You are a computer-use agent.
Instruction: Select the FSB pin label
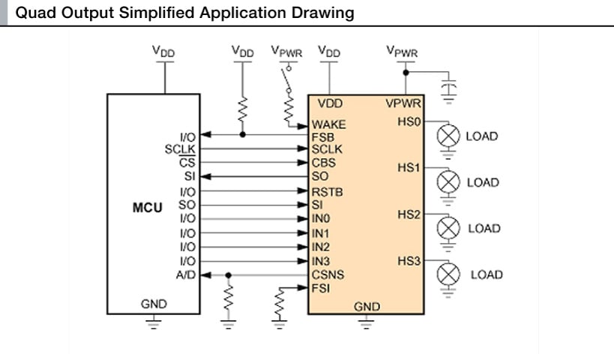pos(324,137)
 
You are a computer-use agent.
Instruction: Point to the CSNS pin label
pos(330,274)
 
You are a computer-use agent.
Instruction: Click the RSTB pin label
pos(328,192)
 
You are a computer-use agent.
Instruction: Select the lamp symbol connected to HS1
pos(448,181)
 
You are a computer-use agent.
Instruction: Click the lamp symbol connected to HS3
pos(448,274)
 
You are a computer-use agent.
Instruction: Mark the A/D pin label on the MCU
pos(186,274)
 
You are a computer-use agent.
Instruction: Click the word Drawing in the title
pos(328,13)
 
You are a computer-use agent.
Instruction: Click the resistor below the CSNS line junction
pos(228,303)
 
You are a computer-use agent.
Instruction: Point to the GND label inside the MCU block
pos(154,304)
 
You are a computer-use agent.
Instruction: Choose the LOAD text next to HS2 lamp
pos(484,229)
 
